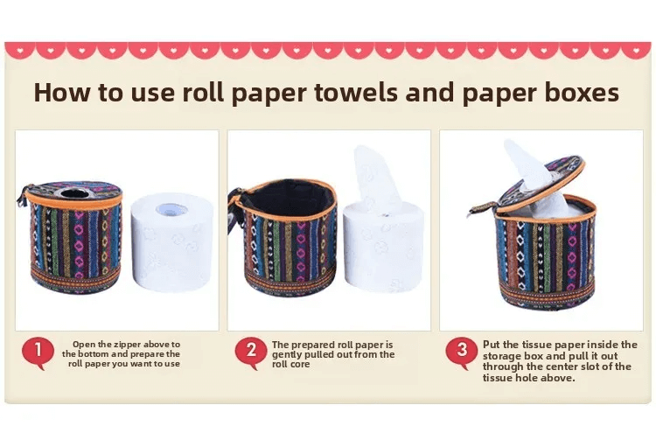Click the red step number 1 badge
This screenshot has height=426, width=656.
coord(38,351)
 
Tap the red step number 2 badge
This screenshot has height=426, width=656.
coord(251,351)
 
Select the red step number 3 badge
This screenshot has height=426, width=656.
coord(462,351)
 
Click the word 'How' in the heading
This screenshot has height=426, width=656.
coord(61,92)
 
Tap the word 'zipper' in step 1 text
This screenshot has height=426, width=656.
coord(125,345)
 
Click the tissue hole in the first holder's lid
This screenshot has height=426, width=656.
coord(73,193)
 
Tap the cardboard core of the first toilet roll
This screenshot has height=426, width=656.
coord(171,209)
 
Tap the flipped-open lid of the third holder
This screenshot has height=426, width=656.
coord(541,183)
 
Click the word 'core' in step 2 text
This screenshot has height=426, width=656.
coord(301,365)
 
